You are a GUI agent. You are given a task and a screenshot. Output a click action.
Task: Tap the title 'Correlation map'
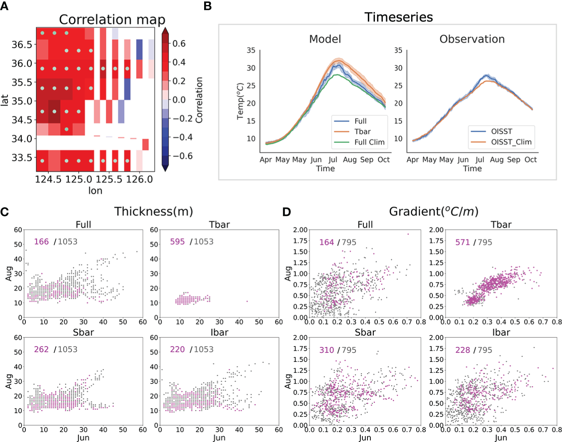112,20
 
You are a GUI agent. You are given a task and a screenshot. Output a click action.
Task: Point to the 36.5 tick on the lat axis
22,45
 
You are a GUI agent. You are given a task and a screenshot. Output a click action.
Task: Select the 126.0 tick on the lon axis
140,179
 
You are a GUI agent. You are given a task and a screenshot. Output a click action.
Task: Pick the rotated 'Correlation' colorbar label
199,100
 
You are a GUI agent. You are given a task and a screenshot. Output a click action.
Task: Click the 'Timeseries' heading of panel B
399,17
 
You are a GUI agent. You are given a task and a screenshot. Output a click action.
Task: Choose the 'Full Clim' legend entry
369,142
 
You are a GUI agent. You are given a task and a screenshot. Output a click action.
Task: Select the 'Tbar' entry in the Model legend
362,132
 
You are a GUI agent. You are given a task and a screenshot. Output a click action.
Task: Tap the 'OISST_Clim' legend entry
511,142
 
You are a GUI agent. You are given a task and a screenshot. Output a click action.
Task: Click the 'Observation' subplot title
472,39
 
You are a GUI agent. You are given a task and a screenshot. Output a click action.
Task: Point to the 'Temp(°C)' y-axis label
240,101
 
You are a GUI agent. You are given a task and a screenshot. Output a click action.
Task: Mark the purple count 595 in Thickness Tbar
177,241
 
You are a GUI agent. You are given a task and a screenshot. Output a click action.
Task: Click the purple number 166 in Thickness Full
41,241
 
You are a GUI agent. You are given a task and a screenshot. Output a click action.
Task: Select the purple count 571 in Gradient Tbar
462,242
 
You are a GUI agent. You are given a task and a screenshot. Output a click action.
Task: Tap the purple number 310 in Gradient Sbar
327,350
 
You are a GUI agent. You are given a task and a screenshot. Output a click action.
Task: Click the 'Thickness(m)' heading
154,211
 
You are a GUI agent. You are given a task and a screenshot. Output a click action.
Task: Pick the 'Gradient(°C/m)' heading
434,211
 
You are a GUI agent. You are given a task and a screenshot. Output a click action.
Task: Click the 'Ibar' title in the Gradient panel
501,332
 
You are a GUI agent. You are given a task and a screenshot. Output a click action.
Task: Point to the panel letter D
286,212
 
